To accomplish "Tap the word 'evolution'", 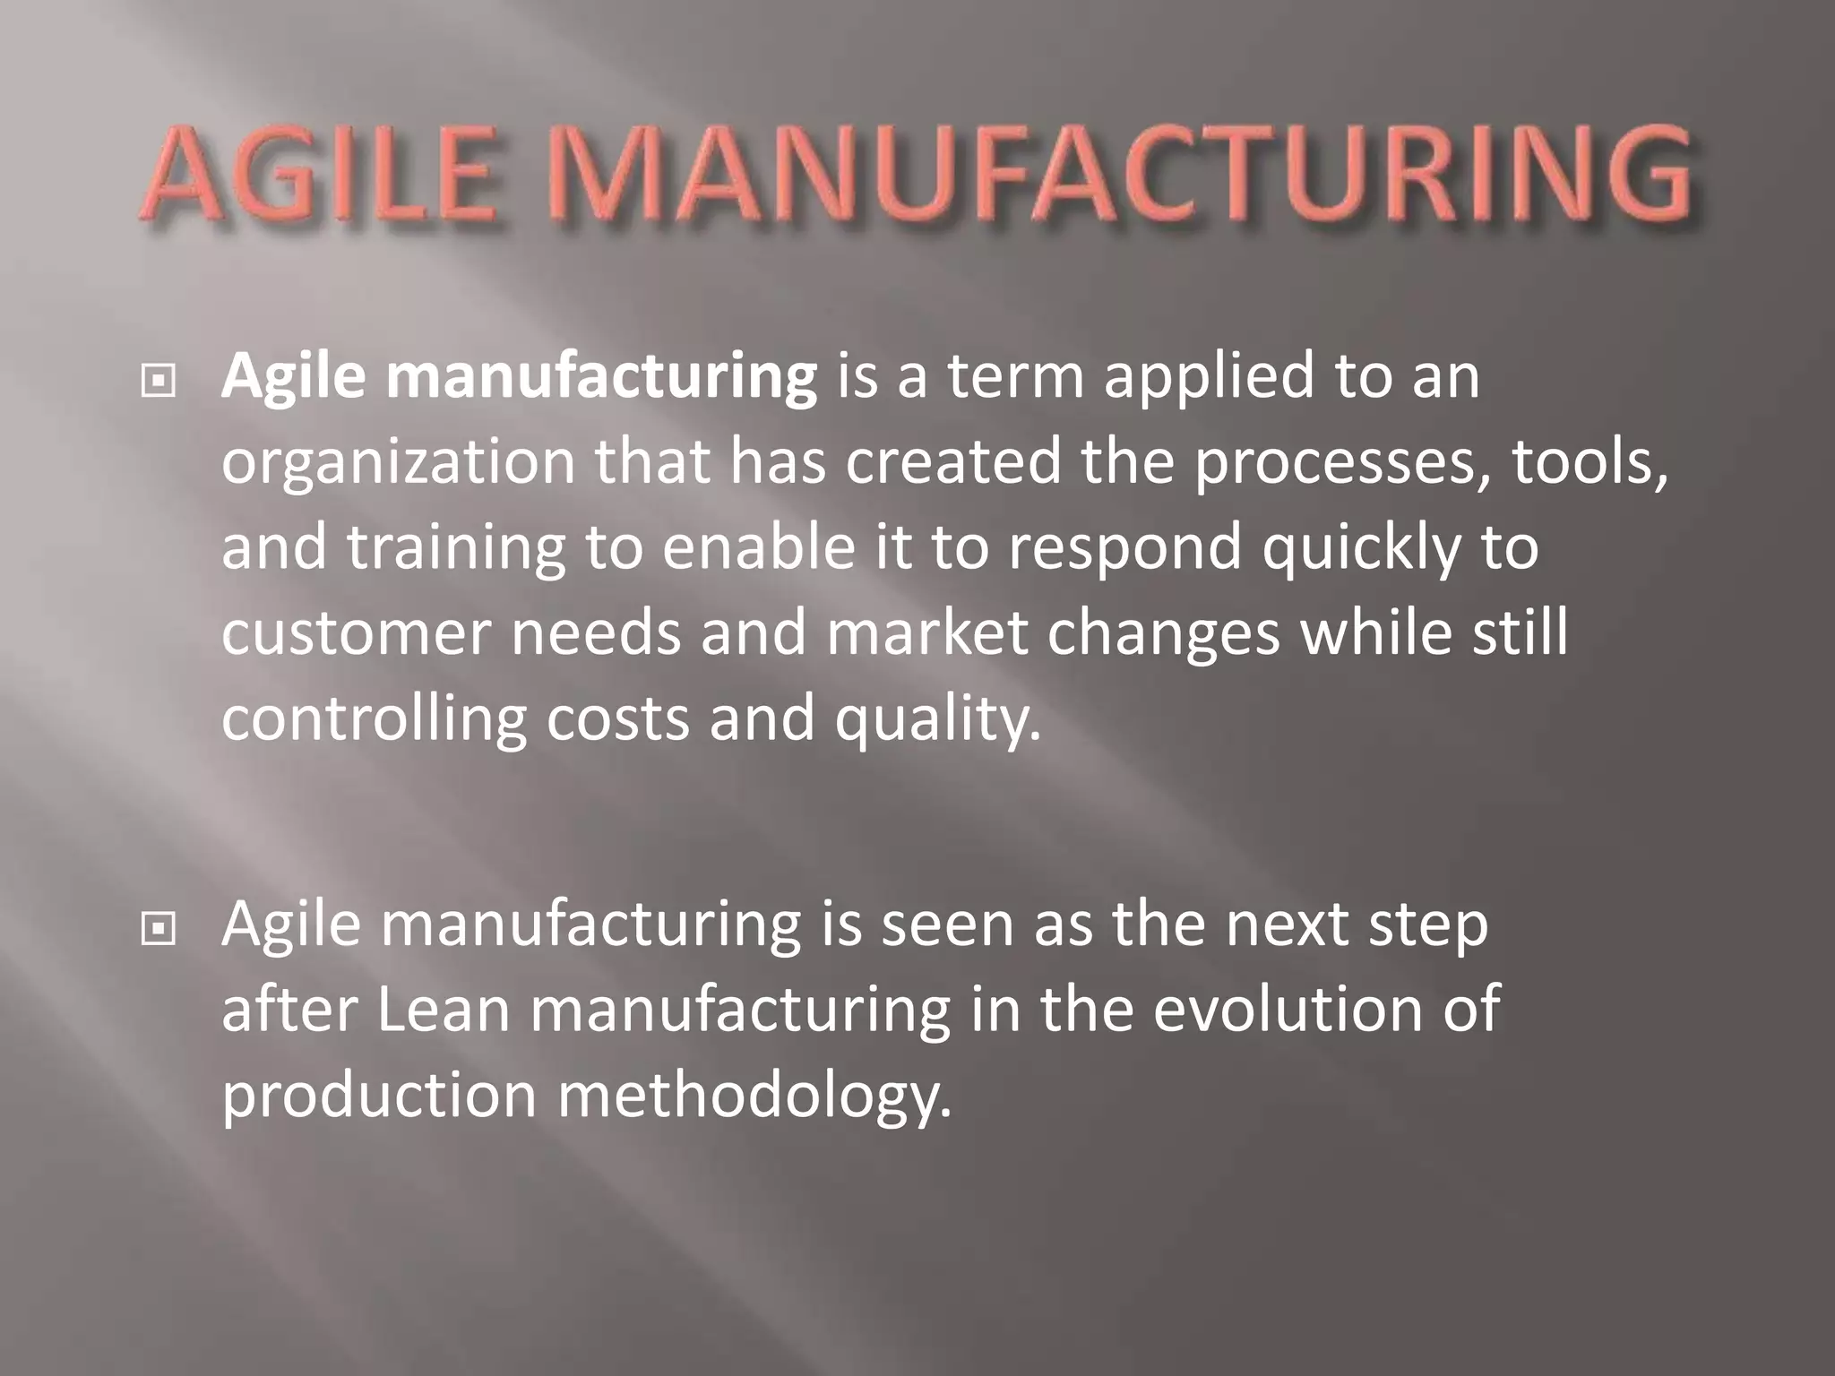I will coord(1281,1010).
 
